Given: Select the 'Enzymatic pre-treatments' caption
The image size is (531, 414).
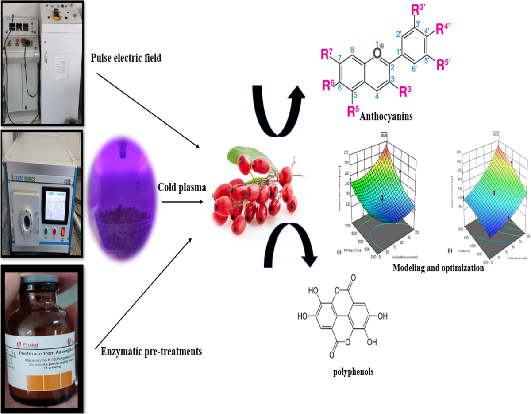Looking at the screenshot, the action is tap(149, 352).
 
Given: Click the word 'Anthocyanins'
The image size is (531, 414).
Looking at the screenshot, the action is tap(386, 117).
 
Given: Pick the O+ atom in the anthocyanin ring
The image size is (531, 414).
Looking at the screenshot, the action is tap(377, 52).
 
